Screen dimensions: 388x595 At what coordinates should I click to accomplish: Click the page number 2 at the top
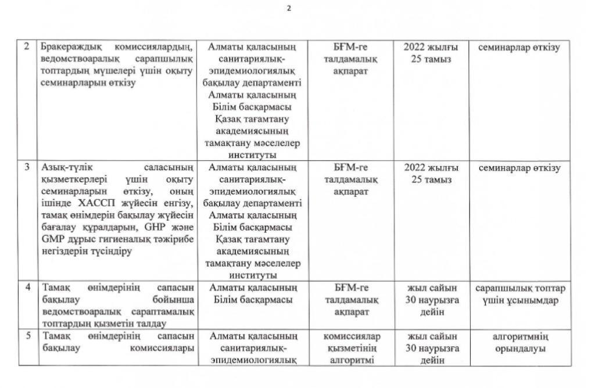click(288, 9)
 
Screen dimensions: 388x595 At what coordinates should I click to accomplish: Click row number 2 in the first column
click(27, 47)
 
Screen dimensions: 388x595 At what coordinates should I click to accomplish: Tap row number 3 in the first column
click(27, 168)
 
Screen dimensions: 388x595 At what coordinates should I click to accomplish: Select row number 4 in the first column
click(27, 288)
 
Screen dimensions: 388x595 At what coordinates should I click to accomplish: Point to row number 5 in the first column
click(27, 336)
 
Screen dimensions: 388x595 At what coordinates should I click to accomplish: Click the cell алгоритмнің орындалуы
click(519, 342)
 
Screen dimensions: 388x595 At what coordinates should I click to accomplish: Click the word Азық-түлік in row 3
click(63, 168)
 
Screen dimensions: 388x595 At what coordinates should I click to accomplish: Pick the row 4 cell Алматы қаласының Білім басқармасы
click(253, 294)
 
